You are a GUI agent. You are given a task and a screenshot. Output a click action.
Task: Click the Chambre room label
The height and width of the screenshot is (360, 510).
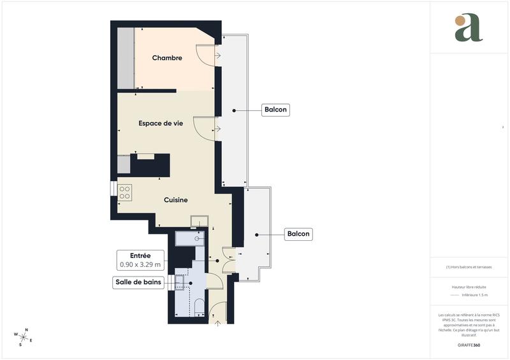pos(167,58)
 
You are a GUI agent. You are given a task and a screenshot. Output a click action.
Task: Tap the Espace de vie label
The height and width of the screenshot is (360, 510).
pos(161,124)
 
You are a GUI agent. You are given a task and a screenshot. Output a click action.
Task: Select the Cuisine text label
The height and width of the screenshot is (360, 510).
pos(175,200)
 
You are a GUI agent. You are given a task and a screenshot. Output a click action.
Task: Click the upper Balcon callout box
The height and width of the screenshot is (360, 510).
pos(276,110)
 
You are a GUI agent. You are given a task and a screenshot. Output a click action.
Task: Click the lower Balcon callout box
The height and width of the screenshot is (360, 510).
pos(298,234)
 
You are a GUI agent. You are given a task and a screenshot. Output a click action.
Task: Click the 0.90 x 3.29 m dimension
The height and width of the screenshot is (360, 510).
pos(141,264)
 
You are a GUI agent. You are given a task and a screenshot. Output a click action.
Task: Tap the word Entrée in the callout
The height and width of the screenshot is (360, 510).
pos(141,255)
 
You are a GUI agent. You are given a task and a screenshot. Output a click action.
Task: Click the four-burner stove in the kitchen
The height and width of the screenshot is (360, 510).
pos(124,192)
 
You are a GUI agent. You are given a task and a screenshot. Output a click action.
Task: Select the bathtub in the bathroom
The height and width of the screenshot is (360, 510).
pos(189,239)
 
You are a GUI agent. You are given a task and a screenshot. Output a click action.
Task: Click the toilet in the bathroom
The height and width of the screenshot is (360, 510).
pos(199,306)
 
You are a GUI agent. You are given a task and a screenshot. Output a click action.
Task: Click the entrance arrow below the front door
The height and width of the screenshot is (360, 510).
pos(218,323)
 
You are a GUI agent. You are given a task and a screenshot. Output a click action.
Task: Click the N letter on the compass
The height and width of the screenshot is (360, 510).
pos(25,330)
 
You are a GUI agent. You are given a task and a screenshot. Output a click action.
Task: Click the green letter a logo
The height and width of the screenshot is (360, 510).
pos(469,28)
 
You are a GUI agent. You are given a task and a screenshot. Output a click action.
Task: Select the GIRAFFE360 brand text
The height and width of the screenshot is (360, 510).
pos(469,344)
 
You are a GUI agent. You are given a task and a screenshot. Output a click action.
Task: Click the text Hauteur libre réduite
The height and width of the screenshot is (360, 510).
pos(469,287)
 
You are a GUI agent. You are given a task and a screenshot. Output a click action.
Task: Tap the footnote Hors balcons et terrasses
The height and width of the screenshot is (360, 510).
pos(469,267)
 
